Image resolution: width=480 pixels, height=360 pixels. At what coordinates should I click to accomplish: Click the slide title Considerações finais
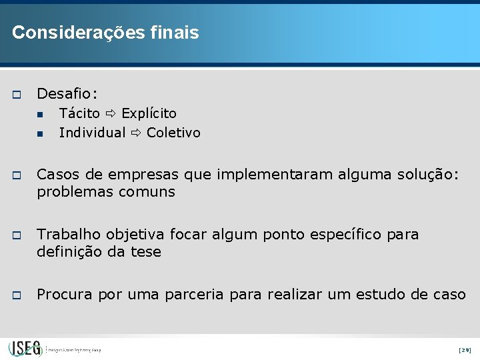tap(105, 33)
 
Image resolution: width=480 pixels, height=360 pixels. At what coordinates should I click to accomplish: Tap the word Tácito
tap(79, 113)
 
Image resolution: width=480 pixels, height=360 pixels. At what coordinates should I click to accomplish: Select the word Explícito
tap(149, 113)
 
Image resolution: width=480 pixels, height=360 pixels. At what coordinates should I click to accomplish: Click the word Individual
tap(92, 133)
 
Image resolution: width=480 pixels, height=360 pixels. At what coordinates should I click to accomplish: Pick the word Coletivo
tap(173, 133)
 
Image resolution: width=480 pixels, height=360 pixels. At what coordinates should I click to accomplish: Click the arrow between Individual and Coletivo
tap(136, 133)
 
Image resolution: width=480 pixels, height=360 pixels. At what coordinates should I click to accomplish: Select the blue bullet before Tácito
tap(41, 115)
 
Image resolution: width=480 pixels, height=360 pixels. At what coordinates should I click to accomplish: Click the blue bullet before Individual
tap(41, 134)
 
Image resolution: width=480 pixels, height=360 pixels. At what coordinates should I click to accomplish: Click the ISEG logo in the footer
tap(25, 348)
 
